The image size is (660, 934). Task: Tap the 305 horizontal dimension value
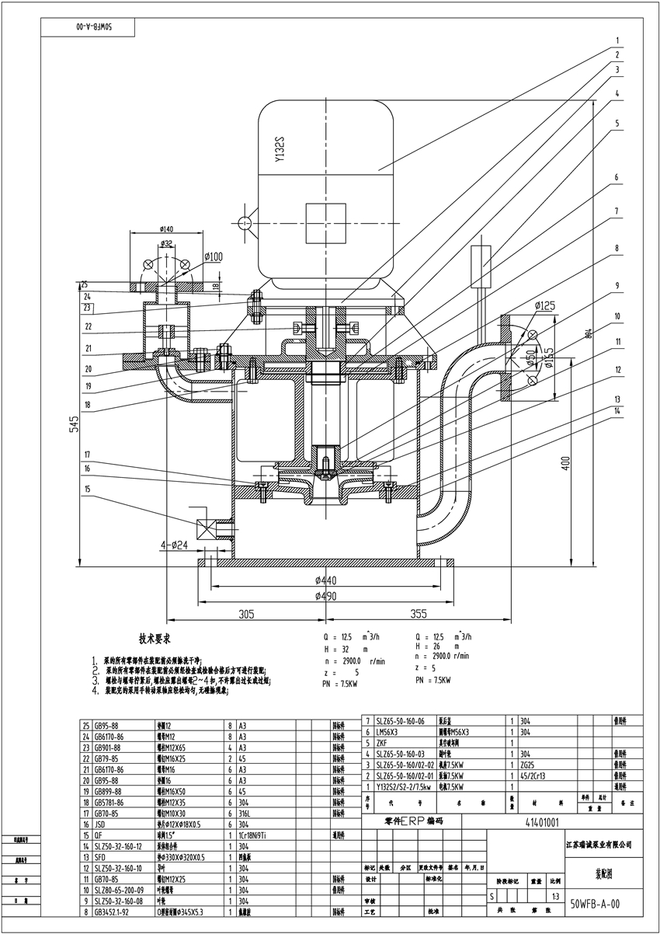coord(247,614)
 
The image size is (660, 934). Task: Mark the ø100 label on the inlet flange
coord(214,256)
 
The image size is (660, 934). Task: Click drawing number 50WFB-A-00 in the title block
coord(595,904)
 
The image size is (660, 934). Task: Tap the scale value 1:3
coord(554,896)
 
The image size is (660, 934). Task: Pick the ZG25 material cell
coord(529,764)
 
